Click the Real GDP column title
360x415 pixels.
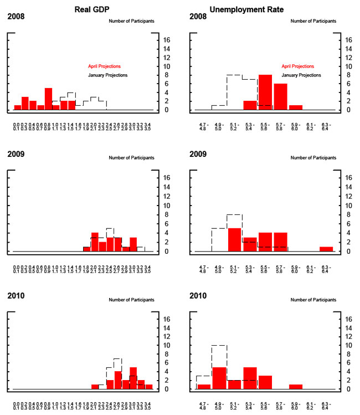(x=90, y=8)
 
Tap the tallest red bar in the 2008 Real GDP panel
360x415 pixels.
(x=48, y=99)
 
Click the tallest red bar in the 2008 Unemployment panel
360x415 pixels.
(x=265, y=92)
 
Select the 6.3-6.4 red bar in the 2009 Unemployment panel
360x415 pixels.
(x=326, y=249)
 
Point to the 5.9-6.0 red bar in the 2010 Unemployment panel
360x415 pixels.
(x=295, y=386)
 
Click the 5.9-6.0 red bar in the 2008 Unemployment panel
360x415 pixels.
(x=295, y=107)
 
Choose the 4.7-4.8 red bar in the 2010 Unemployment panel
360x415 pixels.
(x=204, y=386)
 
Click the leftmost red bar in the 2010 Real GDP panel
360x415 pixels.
(x=95, y=386)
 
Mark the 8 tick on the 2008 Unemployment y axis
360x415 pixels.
(x=346, y=75)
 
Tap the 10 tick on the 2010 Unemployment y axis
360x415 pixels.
(x=346, y=345)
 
